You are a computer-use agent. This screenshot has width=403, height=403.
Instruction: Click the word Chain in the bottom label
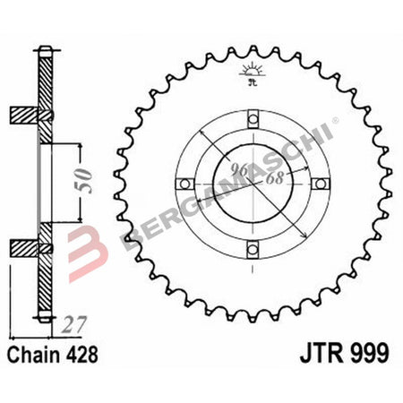coord(36,354)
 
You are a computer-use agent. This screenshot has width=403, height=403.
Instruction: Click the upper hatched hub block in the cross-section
coord(27,116)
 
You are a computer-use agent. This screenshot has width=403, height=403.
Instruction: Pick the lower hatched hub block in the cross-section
coord(27,246)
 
